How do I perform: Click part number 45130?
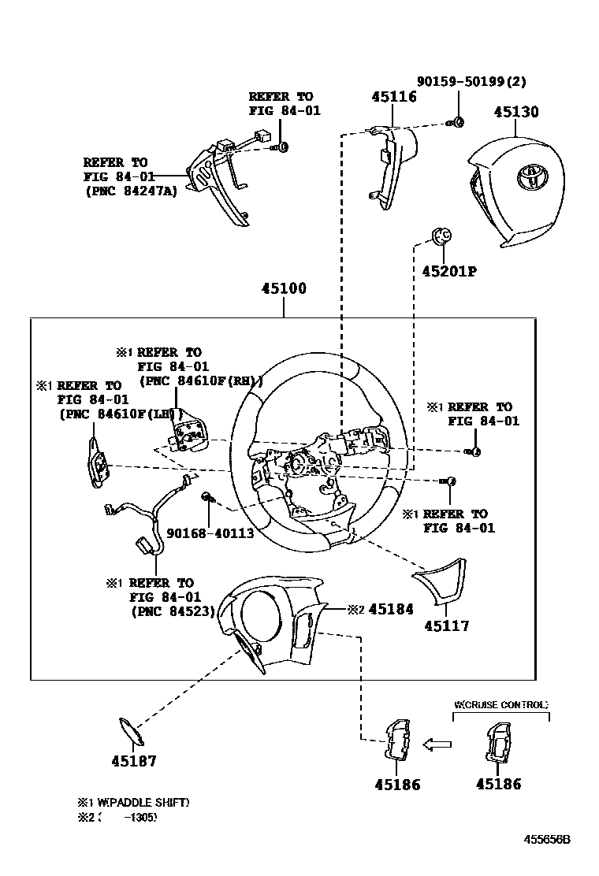click(x=516, y=112)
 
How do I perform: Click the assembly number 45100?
click(x=284, y=288)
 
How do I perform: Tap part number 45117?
click(x=446, y=626)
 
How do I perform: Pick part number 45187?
click(x=133, y=761)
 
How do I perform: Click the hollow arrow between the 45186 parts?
click(x=437, y=743)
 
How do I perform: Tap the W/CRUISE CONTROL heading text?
click(x=500, y=705)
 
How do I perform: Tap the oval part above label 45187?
click(x=131, y=731)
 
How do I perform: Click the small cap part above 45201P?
click(x=441, y=234)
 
